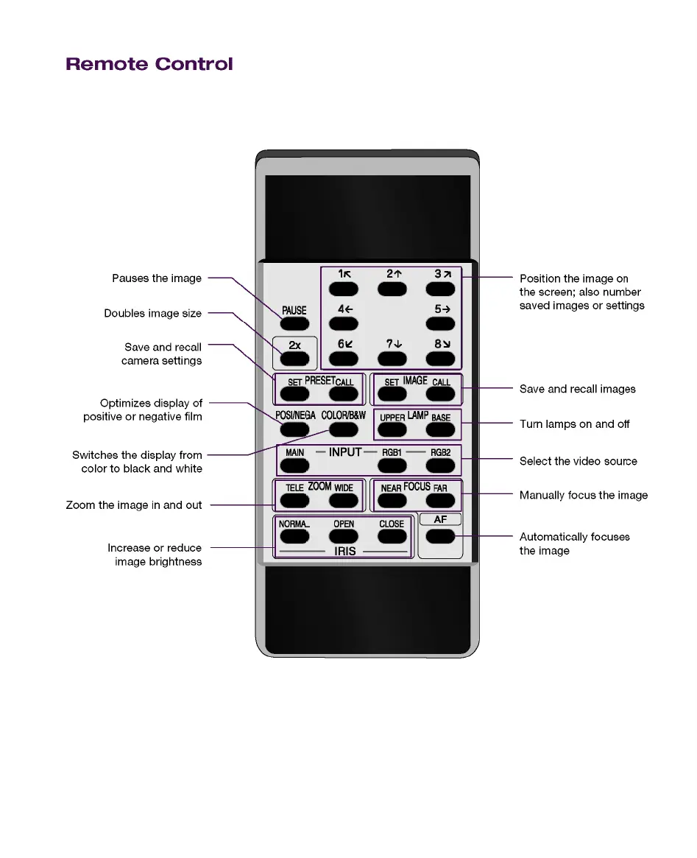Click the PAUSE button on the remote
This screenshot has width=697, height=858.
click(x=294, y=323)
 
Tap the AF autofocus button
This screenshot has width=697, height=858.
click(x=440, y=536)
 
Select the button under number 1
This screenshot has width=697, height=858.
click(x=343, y=289)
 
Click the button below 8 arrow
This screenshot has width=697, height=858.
click(x=440, y=359)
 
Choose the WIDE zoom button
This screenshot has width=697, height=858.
click(x=343, y=501)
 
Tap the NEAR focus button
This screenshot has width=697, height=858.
click(x=392, y=501)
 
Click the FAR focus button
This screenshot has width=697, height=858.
click(x=440, y=501)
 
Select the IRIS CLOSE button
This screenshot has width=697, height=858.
click(x=392, y=537)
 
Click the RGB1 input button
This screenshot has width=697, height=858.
click(x=392, y=465)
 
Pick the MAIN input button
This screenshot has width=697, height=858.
click(x=294, y=465)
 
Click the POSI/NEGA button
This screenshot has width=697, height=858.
click(x=294, y=429)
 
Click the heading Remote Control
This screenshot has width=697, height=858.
click(x=149, y=64)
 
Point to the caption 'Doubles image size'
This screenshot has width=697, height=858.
click(x=152, y=313)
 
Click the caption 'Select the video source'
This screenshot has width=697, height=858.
click(x=578, y=461)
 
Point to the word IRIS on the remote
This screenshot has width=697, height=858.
click(x=344, y=551)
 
